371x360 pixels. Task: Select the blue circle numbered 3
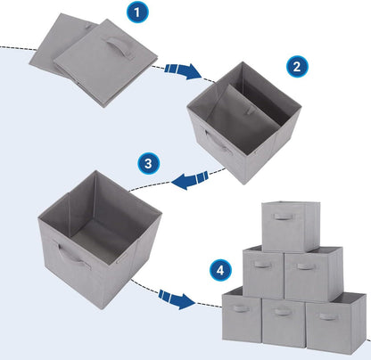149,164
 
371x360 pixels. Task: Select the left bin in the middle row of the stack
263,274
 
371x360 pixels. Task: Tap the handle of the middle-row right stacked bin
305,266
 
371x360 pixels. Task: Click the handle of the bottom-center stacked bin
284,311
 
